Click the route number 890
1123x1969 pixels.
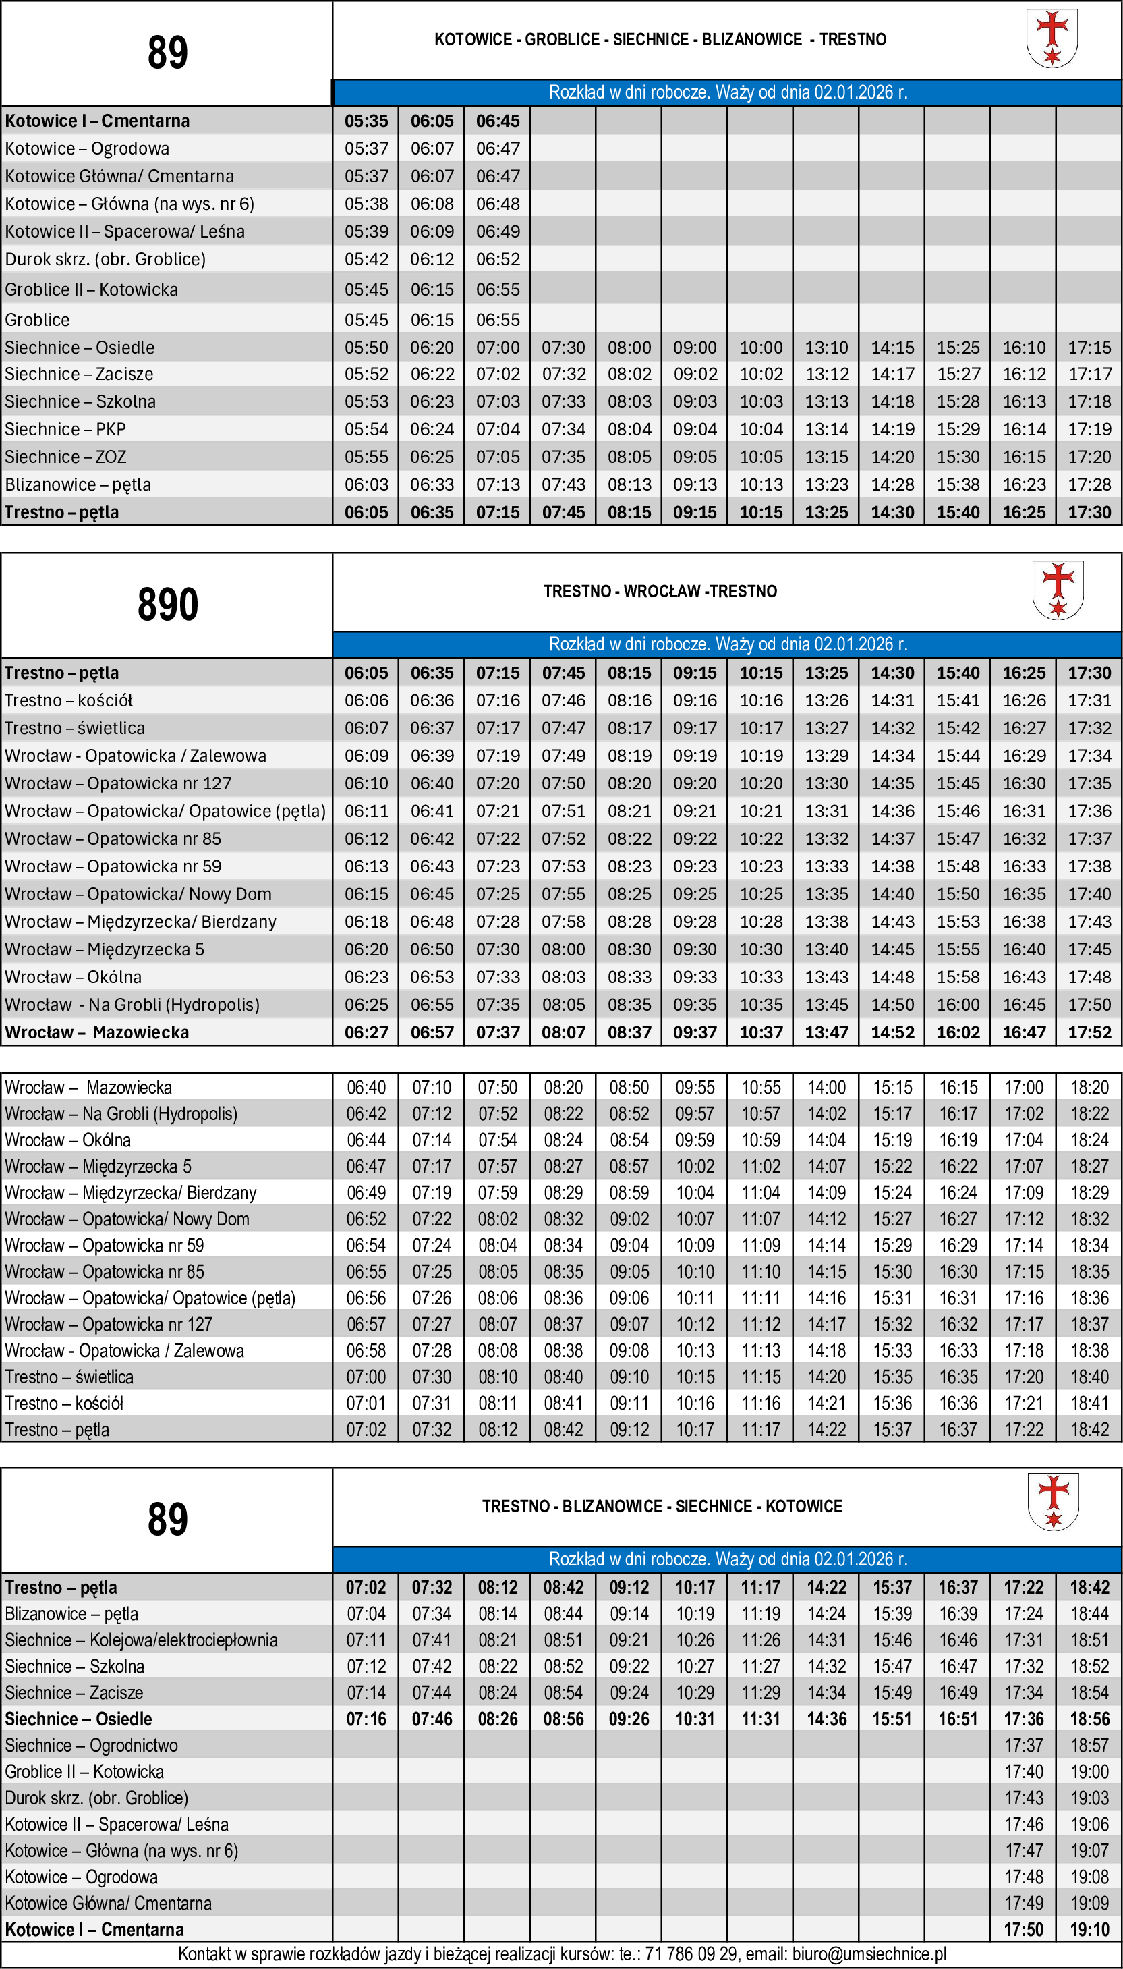point(167,604)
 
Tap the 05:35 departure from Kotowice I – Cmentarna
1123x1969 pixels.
point(366,121)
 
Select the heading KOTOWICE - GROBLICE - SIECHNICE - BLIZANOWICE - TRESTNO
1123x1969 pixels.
point(660,39)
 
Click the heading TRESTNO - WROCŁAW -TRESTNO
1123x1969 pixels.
point(660,592)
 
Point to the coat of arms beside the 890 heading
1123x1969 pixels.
point(1058,590)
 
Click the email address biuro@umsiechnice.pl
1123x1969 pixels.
point(869,1953)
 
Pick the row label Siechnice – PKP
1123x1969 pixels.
point(65,429)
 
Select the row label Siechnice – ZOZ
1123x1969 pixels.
point(65,457)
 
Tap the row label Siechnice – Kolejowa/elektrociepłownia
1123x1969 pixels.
point(141,1640)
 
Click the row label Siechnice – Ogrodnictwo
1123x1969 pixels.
point(91,1744)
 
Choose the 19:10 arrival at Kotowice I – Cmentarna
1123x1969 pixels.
point(1089,1929)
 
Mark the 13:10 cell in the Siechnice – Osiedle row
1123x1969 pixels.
point(826,348)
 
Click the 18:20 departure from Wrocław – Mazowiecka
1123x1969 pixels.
point(1089,1088)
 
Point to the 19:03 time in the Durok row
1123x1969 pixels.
point(1089,1798)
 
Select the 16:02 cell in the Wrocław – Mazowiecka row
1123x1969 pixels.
point(958,1032)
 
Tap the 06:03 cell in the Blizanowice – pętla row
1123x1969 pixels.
point(366,484)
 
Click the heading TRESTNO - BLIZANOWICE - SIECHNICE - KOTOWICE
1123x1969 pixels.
point(662,1506)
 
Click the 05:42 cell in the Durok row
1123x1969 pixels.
point(366,259)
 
